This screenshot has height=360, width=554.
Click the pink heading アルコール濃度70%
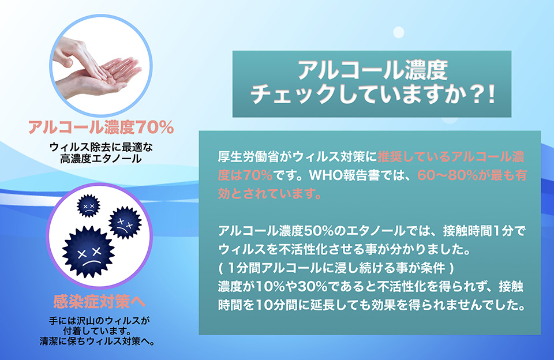[x=101, y=127]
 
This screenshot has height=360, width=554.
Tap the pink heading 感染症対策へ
[x=99, y=302]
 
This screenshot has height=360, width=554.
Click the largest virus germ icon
[x=89, y=252]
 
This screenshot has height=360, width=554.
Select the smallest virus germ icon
[x=88, y=205]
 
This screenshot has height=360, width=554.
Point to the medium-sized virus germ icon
[x=125, y=223]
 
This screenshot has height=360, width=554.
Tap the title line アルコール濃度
[x=372, y=70]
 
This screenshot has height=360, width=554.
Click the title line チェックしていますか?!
[x=372, y=95]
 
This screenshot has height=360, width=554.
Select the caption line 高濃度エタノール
[x=101, y=159]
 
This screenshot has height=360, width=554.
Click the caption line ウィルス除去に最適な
[x=101, y=147]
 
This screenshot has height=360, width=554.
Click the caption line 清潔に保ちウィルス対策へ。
[x=97, y=342]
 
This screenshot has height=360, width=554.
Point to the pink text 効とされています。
[x=270, y=194]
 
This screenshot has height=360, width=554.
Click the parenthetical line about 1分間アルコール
[x=336, y=268]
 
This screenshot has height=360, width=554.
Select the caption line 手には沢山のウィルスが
[x=99, y=321]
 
